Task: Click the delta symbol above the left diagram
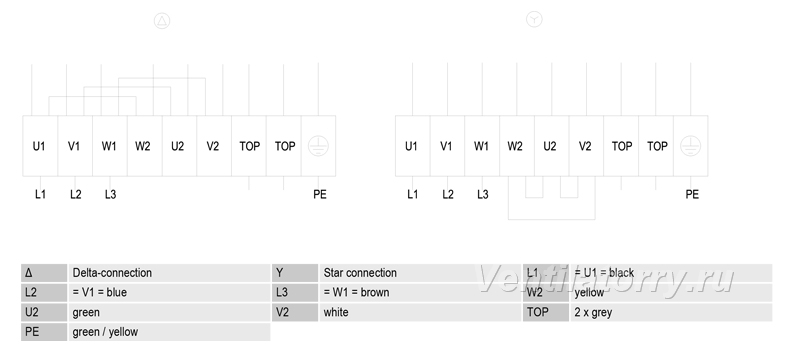(x=162, y=21)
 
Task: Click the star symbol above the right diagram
(x=534, y=19)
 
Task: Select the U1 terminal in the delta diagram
(x=40, y=146)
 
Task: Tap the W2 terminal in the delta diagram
(x=144, y=146)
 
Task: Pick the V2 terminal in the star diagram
(x=586, y=146)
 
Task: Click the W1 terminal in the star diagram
(x=482, y=146)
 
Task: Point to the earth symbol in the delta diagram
(x=318, y=146)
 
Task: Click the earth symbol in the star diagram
(x=690, y=146)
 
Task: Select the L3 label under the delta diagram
(x=110, y=194)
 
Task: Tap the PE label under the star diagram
(x=692, y=194)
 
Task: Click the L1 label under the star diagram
(x=412, y=194)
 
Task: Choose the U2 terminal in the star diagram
(x=552, y=146)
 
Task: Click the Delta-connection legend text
(x=112, y=273)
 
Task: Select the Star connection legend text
(x=360, y=273)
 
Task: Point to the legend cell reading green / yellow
(x=169, y=332)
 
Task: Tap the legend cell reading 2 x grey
(x=670, y=312)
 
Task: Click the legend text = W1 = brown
(x=356, y=293)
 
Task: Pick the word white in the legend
(x=336, y=312)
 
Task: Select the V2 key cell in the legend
(x=294, y=312)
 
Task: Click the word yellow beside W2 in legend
(x=589, y=293)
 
